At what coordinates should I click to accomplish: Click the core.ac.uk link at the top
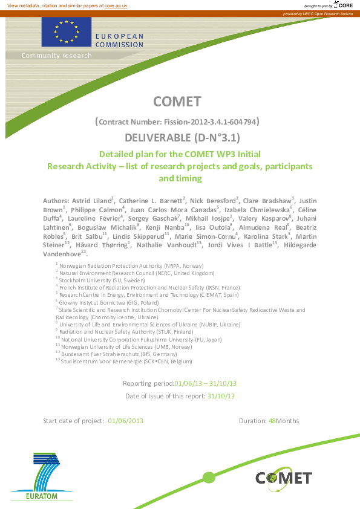[116, 5]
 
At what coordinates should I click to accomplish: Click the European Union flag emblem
[67, 31]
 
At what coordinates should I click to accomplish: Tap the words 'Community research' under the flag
[57, 56]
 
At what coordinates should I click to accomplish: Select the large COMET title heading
[177, 102]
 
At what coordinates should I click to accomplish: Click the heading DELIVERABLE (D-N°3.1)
[177, 137]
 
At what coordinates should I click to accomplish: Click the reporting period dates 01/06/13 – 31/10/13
[206, 383]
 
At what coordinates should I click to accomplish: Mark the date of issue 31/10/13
[221, 397]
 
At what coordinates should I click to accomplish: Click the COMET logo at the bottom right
[283, 478]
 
